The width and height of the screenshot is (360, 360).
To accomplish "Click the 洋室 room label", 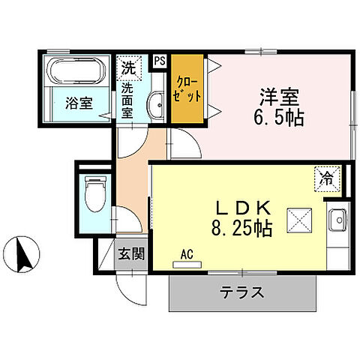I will pos(280,97).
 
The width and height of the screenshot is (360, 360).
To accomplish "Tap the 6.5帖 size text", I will pos(280,118).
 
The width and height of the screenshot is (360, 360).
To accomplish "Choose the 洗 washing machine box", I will pos(130,66).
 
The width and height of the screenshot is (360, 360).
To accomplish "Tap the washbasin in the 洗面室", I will pos(155,106).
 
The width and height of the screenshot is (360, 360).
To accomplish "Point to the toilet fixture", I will pos(94,193).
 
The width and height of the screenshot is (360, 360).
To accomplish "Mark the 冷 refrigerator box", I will pos(327,178).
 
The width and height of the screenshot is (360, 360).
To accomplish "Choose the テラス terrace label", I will pos(241,292).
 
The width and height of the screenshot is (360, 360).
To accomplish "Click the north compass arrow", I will pos(25,253).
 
